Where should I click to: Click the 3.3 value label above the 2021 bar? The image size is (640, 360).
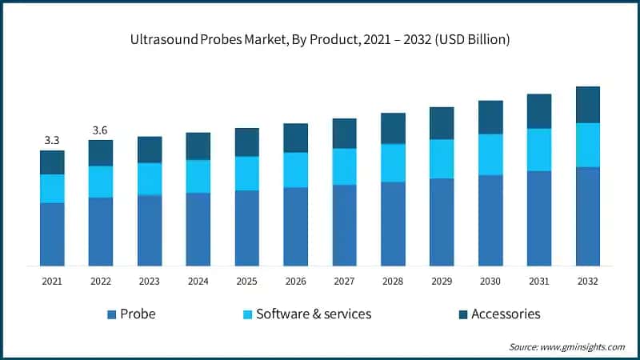(x=52, y=141)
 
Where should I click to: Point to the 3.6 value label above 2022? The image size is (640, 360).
(x=101, y=130)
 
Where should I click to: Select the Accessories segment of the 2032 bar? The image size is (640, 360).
(x=588, y=105)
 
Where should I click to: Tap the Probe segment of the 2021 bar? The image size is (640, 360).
(x=52, y=234)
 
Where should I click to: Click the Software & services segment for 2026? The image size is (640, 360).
(x=296, y=170)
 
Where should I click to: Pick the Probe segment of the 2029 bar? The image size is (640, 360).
(x=442, y=222)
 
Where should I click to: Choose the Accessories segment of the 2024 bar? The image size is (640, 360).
(x=198, y=146)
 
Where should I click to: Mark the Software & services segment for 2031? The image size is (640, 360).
(x=539, y=150)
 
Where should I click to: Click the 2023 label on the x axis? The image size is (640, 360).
(x=150, y=281)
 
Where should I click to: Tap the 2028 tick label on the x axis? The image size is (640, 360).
(x=393, y=281)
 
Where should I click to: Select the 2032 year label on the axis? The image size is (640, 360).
(x=588, y=281)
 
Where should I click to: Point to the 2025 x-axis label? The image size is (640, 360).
(x=247, y=281)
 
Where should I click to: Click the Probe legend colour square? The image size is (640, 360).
(x=111, y=314)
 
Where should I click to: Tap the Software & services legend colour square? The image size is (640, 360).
(x=247, y=314)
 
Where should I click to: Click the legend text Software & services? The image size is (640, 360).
(x=313, y=314)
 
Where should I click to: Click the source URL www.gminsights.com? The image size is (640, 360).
(x=582, y=346)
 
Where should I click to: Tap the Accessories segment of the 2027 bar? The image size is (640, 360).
(x=345, y=134)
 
